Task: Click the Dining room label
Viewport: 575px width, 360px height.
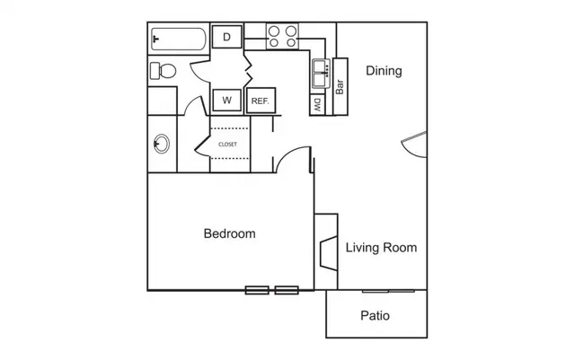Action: [x=384, y=71]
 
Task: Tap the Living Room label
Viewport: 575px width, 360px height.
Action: [x=381, y=248]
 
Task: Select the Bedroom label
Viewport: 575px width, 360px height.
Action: [x=230, y=233]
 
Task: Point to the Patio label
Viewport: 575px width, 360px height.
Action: [x=375, y=316]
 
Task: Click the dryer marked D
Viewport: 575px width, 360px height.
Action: [x=227, y=37]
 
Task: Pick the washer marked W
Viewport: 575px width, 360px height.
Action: [x=227, y=100]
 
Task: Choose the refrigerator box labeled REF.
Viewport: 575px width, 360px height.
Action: [x=261, y=101]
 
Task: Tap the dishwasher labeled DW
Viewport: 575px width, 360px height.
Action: [x=317, y=105]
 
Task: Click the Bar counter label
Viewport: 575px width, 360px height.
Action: [x=340, y=87]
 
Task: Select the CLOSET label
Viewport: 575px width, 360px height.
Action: [x=227, y=145]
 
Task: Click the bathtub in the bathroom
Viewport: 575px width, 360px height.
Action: [x=179, y=39]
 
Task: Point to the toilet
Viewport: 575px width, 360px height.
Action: [x=163, y=71]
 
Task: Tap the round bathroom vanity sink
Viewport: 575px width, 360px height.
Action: [x=162, y=144]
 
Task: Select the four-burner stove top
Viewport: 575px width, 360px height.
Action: [x=282, y=36]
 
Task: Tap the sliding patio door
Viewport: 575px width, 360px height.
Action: [x=388, y=292]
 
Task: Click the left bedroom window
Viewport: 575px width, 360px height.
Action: [x=257, y=290]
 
